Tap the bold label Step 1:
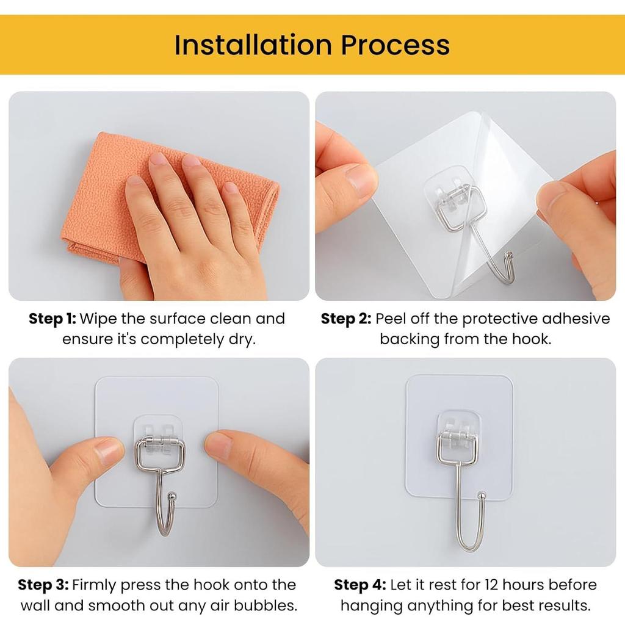click(x=52, y=319)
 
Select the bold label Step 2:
click(x=345, y=319)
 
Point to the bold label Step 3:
click(x=43, y=585)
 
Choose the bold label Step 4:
click(x=359, y=585)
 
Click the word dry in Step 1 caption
click(x=240, y=339)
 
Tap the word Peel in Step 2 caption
click(x=390, y=319)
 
